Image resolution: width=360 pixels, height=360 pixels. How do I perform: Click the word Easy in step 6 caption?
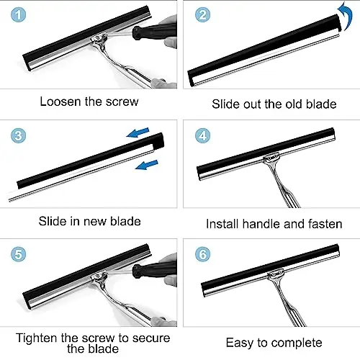[x=240, y=343]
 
